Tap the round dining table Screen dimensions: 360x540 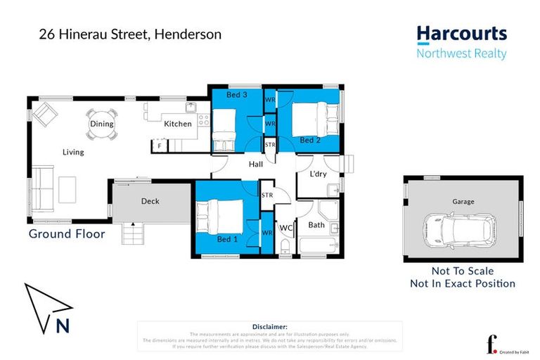click(101, 130)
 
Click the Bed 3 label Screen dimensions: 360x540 click(237, 94)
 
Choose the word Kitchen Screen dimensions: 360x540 click(178, 124)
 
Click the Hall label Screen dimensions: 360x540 click(255, 165)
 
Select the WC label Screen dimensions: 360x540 click(286, 228)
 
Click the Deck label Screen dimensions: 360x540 click(150, 201)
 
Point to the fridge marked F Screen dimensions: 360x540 click(160, 146)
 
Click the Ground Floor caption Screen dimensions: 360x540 click(67, 234)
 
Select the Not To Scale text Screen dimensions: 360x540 click(463, 271)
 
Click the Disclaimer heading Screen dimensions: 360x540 click(269, 327)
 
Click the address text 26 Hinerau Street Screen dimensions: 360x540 click(84, 34)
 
